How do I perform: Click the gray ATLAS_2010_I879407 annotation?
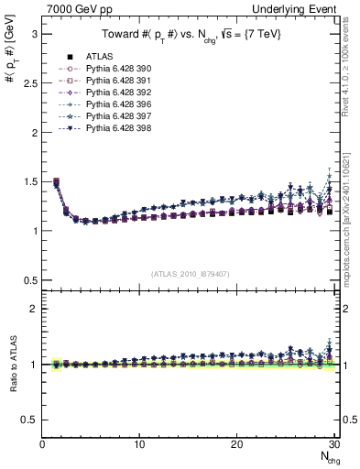(191, 272)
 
